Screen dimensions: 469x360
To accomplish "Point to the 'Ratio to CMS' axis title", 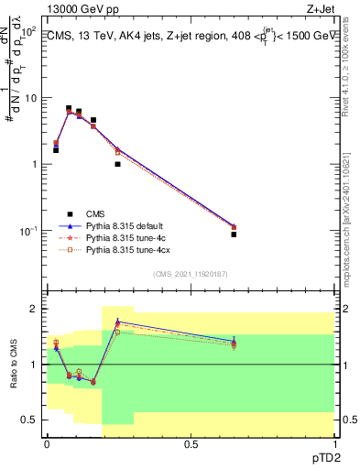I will coord(14,366).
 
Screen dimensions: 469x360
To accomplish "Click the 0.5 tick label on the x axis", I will coord(191,442).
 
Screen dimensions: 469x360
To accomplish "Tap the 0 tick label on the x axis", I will coord(47,442).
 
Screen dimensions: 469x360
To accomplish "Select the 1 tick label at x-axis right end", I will coord(334,442).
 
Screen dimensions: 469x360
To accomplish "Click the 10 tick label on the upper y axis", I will coord(30,98).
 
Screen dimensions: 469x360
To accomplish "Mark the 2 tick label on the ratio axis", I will coord(35,310).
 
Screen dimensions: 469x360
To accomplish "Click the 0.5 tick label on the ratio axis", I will coord(30,420).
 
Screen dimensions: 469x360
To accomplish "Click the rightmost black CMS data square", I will coord(234,234).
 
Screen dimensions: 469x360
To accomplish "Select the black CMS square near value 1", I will coord(117,164).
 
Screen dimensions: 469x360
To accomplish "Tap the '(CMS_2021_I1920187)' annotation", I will coord(191,274).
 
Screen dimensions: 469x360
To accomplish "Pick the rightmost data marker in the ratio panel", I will coord(234,343).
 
